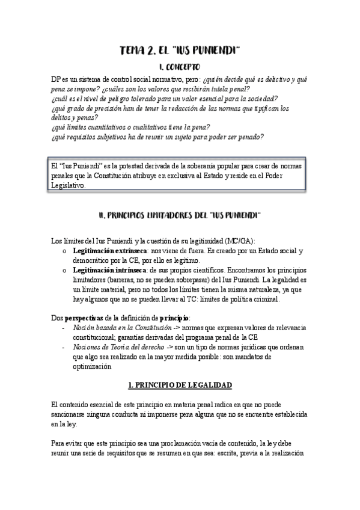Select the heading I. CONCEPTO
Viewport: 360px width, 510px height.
click(180, 68)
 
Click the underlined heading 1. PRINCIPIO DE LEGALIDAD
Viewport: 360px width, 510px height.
click(180, 384)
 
